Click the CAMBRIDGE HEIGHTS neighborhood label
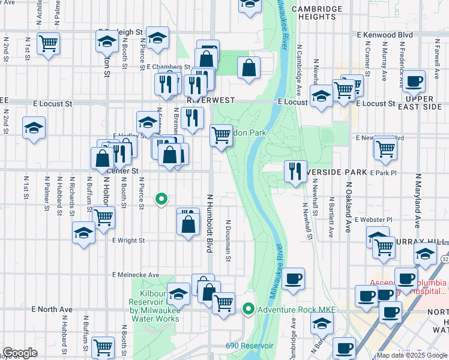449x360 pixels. (313, 13)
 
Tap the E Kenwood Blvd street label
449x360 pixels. (384, 35)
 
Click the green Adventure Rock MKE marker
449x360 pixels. (248, 309)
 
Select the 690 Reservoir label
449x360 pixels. (250, 346)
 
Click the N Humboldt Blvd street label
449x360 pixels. (210, 223)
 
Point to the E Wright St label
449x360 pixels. (128, 241)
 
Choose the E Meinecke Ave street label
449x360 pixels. (136, 275)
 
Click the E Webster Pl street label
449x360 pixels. (373, 220)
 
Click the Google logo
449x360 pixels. (20, 353)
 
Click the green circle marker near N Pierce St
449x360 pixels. (161, 199)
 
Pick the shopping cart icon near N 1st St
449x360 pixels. (48, 43)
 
